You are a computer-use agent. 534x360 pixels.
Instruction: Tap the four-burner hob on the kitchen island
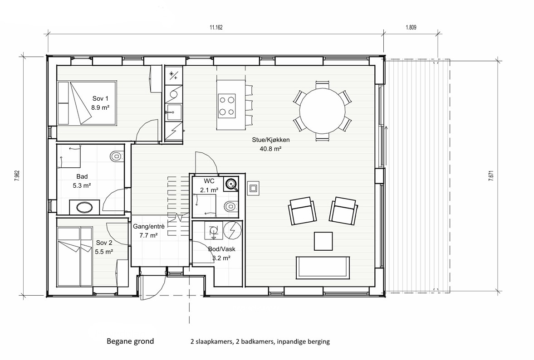coord(226,105)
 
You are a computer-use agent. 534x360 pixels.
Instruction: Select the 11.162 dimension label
coord(216,27)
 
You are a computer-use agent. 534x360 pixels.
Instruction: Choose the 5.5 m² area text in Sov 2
coord(104,251)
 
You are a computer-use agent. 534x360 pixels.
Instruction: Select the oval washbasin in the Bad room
coord(85,207)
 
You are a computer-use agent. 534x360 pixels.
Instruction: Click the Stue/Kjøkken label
coord(271,140)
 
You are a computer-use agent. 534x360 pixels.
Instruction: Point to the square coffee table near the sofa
coord(323,241)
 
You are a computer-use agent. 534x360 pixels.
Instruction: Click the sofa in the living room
coord(323,268)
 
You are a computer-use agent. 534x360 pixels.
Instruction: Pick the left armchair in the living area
coord(302,212)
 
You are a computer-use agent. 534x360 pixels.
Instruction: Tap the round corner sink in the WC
coord(232,184)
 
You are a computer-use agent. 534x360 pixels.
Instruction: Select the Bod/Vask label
coord(221,249)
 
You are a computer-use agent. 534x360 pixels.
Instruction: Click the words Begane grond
coord(130,341)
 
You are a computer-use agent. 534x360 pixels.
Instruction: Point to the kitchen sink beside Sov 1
coord(173,111)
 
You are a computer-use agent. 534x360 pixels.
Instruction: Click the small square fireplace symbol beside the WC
coord(253,188)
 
